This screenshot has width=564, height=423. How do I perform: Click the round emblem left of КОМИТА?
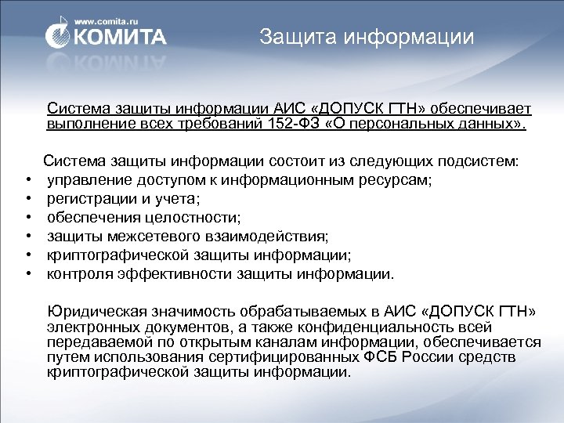point(60,35)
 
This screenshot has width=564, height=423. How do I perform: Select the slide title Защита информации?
point(367,37)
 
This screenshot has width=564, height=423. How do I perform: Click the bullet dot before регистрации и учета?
point(27,200)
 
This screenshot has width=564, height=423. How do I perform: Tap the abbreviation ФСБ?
point(379,357)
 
